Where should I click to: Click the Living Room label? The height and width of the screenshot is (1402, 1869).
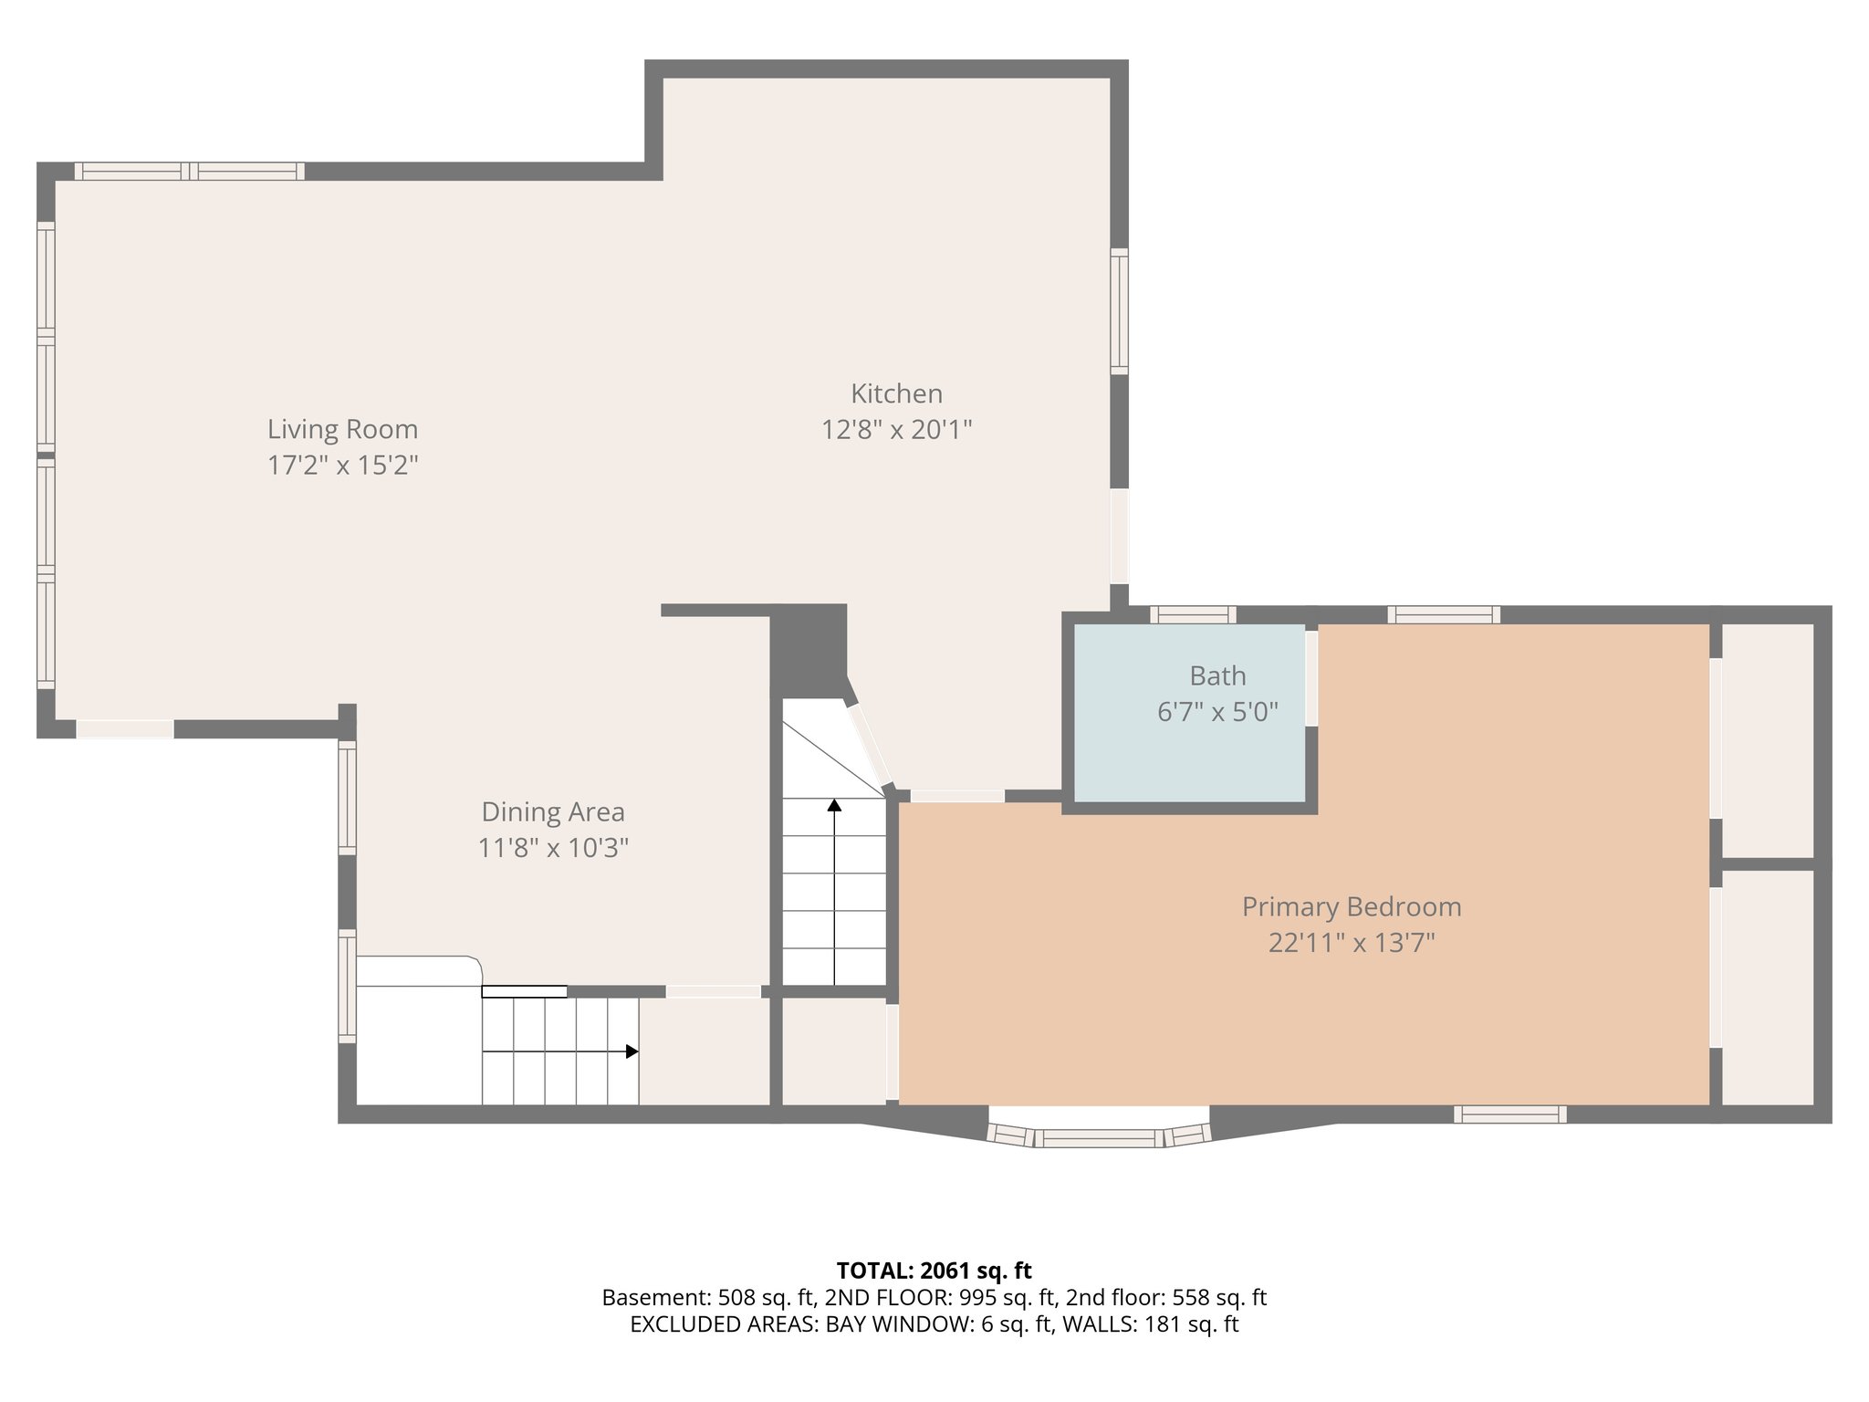[342, 429]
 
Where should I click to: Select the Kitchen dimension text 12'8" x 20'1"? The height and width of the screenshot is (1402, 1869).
[896, 429]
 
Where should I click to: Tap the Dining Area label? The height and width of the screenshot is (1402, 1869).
[553, 811]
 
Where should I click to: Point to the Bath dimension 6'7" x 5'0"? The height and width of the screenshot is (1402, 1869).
[1217, 712]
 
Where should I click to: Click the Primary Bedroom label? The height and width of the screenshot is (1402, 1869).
[1351, 906]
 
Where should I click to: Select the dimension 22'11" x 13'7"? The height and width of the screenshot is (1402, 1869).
[1351, 943]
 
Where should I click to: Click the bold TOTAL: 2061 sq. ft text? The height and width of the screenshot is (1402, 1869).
[934, 1271]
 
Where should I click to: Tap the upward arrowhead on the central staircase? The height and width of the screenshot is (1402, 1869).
[834, 805]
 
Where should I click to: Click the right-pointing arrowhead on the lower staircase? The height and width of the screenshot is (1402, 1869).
[632, 1051]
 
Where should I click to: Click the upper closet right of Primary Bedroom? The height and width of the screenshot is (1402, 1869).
[1768, 739]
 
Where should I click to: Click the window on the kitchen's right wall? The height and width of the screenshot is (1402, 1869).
[1119, 311]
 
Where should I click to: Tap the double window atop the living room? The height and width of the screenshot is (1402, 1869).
[189, 171]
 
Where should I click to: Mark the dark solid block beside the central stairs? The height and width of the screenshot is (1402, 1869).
[809, 650]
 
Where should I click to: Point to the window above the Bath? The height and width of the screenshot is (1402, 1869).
[1192, 614]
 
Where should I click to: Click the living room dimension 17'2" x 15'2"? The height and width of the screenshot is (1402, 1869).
[342, 466]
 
